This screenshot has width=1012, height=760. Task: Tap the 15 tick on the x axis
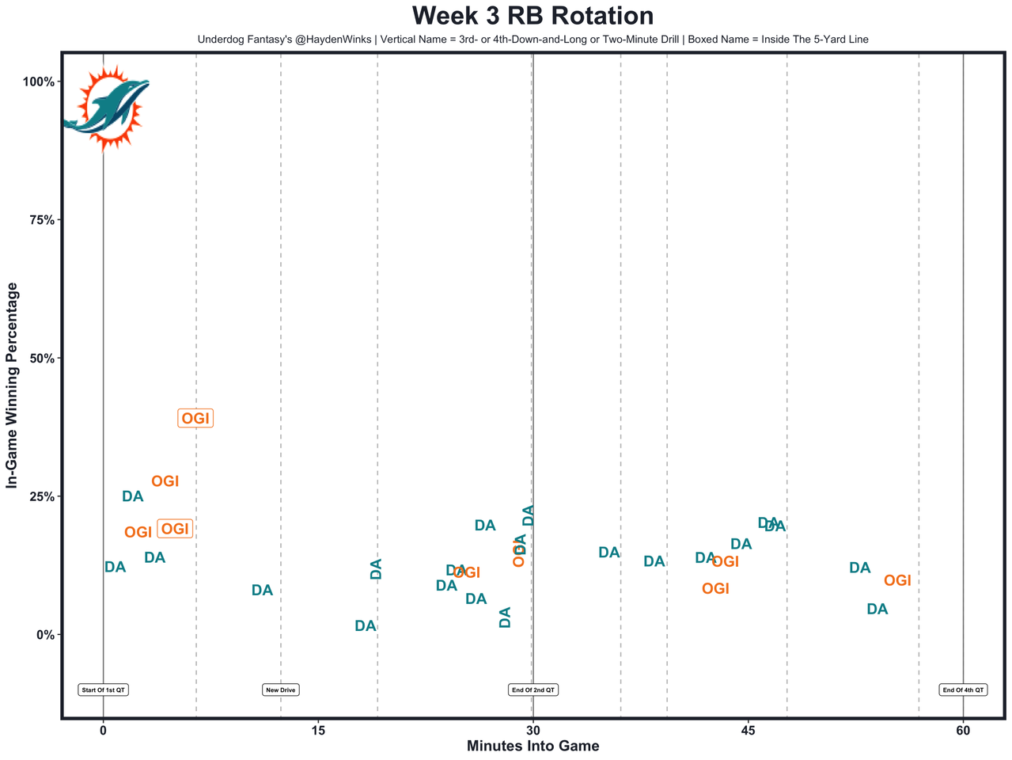coord(318,729)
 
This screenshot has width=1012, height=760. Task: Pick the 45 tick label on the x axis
coord(748,729)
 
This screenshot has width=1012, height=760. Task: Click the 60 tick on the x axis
coord(963,729)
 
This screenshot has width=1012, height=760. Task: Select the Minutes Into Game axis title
coord(533,746)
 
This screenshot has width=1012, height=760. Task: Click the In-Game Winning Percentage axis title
coord(12,386)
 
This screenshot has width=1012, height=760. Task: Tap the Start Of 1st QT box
coord(103,690)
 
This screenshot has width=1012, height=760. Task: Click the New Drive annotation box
coord(281,690)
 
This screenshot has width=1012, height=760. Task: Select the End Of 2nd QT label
coord(533,690)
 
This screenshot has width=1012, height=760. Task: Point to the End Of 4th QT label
coord(963,690)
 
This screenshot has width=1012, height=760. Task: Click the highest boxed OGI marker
coord(195,419)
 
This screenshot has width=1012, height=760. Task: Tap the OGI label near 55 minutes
coord(897,581)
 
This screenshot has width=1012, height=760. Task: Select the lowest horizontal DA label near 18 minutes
coord(365,626)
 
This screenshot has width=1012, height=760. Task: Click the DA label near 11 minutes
coord(262,591)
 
